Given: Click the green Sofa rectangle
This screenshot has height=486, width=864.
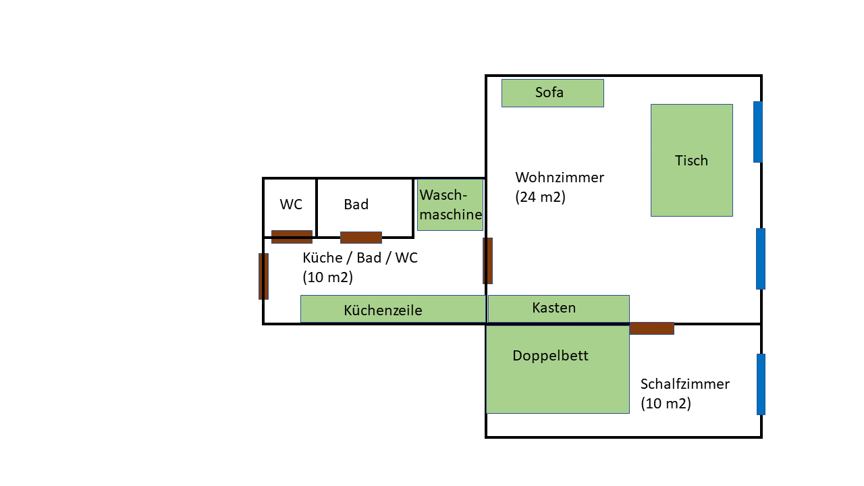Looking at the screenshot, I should [552, 93].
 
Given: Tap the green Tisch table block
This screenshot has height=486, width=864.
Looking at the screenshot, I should [691, 160].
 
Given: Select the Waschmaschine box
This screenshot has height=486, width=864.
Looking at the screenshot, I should [450, 205].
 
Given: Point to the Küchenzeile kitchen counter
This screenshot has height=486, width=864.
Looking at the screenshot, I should [393, 309].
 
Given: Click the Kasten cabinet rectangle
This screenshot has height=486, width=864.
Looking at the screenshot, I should [558, 308].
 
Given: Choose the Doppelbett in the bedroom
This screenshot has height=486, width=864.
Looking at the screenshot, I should [558, 370].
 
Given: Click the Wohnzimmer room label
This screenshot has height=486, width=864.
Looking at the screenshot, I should [560, 178].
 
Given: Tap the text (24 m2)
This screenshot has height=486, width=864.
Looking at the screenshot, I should [540, 198].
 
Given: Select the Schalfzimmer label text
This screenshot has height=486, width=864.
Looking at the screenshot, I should [684, 384].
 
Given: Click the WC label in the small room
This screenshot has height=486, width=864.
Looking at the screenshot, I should [291, 205].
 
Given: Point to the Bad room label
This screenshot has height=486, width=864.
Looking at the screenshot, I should [356, 205].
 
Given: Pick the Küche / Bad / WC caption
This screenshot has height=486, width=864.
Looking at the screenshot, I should [360, 258].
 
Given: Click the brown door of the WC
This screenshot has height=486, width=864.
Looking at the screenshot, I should [292, 236].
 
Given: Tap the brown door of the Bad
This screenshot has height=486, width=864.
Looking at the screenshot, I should [361, 238].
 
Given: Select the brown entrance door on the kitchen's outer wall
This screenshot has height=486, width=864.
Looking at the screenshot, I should [263, 276].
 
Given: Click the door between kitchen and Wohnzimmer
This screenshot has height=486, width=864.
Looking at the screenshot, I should [487, 261].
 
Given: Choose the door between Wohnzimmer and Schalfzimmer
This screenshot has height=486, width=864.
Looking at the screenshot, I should [651, 328].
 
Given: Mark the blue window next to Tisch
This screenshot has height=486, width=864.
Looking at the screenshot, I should [758, 132].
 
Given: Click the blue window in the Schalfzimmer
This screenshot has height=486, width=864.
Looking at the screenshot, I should [761, 384].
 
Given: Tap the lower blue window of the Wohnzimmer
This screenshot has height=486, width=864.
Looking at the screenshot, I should [761, 259].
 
